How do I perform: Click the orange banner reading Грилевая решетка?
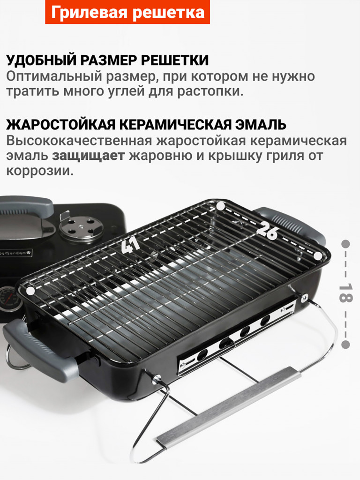(x=127, y=13)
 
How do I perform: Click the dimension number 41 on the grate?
(x=129, y=245)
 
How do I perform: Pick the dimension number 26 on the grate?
(x=267, y=230)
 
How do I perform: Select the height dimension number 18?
(x=345, y=294)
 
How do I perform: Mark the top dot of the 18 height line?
(x=345, y=244)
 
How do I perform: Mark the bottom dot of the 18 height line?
(x=345, y=345)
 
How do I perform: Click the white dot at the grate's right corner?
(x=318, y=255)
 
